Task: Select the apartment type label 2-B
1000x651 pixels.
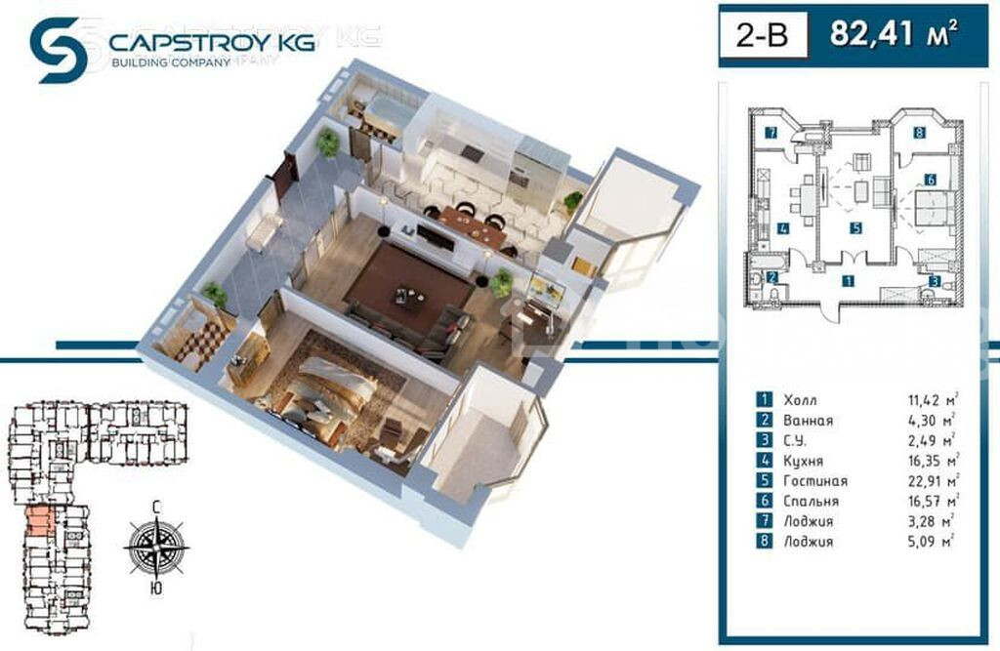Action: pos(762,35)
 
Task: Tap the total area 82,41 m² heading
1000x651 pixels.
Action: pos(894,33)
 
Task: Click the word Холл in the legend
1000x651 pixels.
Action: pos(800,400)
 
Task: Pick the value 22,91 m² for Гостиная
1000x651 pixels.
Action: pos(934,481)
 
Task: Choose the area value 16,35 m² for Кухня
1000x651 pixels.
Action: pos(934,461)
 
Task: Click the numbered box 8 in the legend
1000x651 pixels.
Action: pos(764,542)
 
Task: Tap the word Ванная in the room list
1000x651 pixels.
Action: pos(808,421)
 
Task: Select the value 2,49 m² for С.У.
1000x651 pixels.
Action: pos(931,440)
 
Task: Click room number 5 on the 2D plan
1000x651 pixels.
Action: pos(855,227)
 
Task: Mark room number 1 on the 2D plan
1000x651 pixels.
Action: pos(848,280)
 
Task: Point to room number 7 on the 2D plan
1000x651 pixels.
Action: pos(771,134)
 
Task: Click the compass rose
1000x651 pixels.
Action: pos(156,547)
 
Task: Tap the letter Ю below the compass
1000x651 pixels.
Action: pos(155,589)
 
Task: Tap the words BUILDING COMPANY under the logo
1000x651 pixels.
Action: pos(170,62)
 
